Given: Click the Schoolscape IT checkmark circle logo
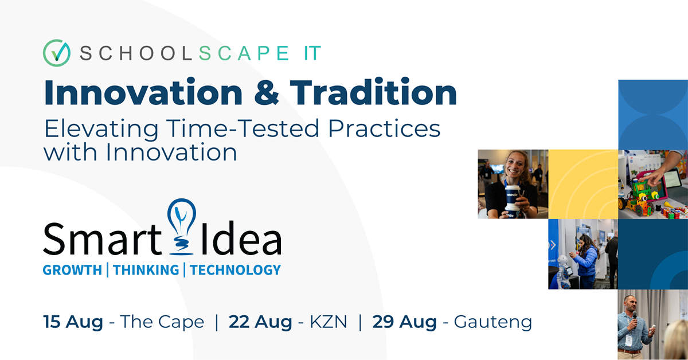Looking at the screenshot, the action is tap(57, 53).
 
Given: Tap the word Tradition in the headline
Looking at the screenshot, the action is tap(373, 92).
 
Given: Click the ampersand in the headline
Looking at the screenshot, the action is tap(267, 92).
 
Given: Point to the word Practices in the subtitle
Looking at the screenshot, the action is tap(384, 128).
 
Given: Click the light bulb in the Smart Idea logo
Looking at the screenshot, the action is tap(182, 226).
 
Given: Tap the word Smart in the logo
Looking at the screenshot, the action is tap(102, 238).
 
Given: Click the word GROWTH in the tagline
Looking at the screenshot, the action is tap(72, 270).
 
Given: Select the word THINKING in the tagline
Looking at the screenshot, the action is tap(146, 270).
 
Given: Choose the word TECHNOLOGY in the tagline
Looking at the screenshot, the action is tap(235, 270).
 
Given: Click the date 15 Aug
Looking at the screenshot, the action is tap(73, 322).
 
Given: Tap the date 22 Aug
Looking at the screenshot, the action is tap(260, 322).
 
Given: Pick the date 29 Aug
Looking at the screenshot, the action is tap(404, 322).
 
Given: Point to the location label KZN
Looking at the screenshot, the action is tap(329, 322).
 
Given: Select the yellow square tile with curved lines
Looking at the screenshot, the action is tap(583, 184).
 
